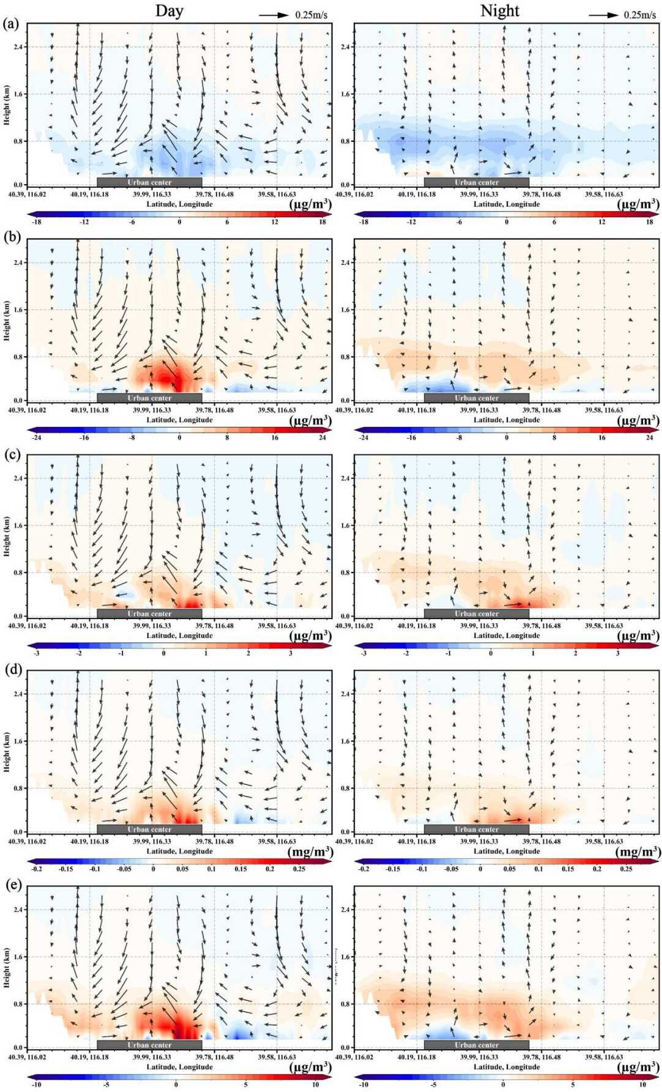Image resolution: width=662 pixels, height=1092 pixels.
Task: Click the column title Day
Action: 169,11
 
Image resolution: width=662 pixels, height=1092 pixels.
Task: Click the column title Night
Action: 499,11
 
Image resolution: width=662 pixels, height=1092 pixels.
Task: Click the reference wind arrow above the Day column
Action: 273,15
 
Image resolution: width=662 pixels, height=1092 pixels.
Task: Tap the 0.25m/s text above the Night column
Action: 639,15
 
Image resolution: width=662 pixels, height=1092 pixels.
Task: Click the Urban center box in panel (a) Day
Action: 149,182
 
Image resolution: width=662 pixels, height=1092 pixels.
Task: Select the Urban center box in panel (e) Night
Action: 476,1045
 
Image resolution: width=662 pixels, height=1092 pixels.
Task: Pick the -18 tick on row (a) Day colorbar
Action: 36,222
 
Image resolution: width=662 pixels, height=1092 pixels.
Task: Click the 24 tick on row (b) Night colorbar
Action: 649,437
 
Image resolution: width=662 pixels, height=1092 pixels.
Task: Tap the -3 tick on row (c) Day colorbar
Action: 36,653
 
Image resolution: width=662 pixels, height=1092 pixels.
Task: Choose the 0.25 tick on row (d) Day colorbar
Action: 299,869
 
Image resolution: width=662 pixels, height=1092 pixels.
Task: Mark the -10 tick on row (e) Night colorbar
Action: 363,1085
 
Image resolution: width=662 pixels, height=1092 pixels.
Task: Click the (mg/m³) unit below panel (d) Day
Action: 310,852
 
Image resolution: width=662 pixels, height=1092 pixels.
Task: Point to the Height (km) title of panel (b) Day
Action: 7,321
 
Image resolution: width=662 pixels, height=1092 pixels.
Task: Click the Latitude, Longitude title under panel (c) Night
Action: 506,636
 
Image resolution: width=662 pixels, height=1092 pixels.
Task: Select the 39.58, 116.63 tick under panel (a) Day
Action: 277,195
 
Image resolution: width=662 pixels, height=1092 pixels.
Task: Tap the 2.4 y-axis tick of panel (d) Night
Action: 346,694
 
